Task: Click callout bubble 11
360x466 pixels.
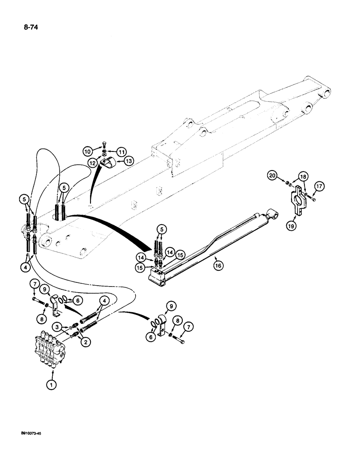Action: [122, 152]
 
